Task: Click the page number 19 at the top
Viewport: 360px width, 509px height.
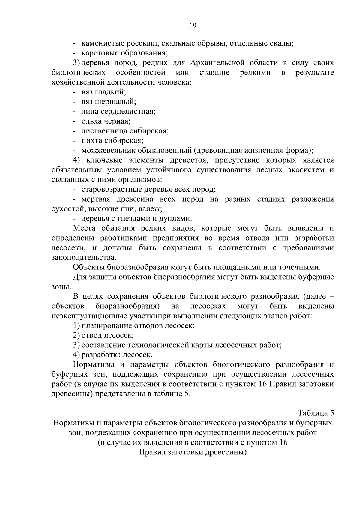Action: [x=193, y=26]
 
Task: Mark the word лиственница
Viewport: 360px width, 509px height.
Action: [x=104, y=131]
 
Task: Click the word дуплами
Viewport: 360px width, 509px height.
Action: [x=177, y=218]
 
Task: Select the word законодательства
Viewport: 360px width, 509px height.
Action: [x=83, y=257]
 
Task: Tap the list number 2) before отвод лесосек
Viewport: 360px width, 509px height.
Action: [x=76, y=335]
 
